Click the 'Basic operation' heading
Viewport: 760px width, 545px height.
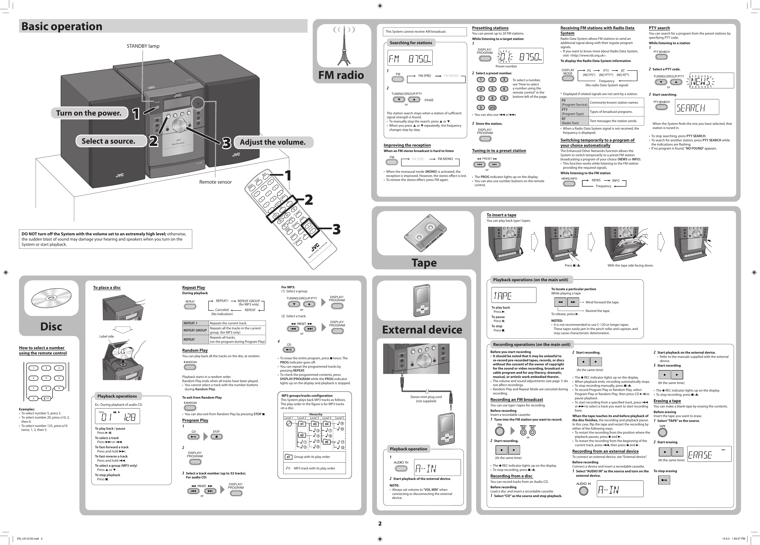tap(62, 26)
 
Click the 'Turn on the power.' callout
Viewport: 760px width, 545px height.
tap(89, 113)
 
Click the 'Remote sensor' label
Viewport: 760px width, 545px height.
tap(215, 182)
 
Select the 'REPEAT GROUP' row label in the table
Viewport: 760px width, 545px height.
tap(195, 330)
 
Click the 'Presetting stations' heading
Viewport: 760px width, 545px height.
tap(490, 28)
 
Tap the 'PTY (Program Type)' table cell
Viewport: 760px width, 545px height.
tap(574, 112)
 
